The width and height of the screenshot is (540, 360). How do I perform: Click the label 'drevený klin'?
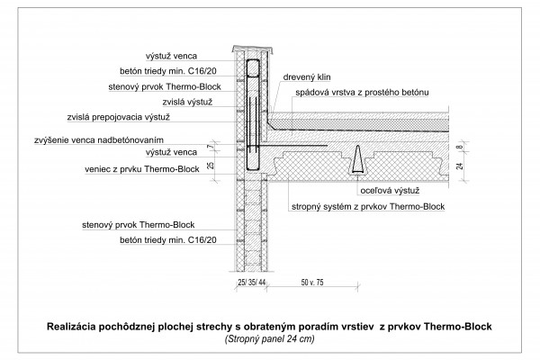(307, 77)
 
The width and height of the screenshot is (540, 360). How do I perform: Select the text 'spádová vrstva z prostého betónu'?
(362, 93)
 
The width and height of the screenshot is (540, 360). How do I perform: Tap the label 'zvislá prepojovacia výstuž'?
(119, 117)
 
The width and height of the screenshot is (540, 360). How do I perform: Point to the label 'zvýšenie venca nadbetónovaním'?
(99, 140)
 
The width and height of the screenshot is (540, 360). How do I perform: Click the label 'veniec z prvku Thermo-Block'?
(142, 169)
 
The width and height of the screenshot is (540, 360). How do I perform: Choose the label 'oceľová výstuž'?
(390, 191)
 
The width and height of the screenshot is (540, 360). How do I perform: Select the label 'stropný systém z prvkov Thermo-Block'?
(368, 207)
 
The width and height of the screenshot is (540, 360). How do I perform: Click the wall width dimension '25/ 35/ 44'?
(252, 283)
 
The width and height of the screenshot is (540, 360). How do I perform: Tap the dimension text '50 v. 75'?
(312, 283)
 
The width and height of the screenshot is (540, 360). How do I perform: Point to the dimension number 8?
(460, 147)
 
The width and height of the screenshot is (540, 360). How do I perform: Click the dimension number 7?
(211, 147)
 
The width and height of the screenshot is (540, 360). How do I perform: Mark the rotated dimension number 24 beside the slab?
(460, 166)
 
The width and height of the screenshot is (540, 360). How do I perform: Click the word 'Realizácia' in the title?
(71, 326)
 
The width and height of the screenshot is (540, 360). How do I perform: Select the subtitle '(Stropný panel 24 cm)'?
(270, 339)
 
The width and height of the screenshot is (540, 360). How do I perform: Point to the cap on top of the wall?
(252, 49)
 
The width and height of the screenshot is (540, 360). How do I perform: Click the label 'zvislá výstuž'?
(187, 102)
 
